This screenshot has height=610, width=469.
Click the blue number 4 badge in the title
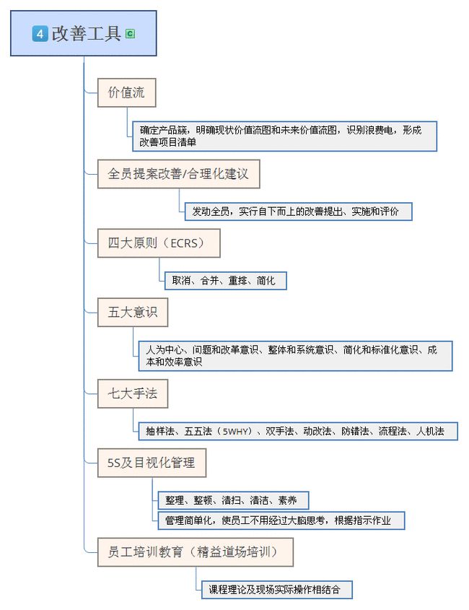point(40,33)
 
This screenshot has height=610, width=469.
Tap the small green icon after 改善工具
point(130,33)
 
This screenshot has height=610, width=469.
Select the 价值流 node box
point(126,92)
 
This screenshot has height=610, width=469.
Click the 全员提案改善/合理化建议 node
point(178,174)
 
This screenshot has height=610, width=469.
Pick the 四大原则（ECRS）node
point(159,243)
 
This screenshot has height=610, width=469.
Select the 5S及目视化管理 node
point(152,463)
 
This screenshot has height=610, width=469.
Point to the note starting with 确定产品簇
point(284,136)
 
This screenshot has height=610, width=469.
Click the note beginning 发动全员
point(298,212)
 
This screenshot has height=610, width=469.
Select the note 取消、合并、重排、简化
point(224,280)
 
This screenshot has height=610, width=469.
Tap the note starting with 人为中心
point(295,356)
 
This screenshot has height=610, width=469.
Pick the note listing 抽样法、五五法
point(295,432)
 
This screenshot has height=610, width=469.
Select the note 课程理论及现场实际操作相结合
point(276,590)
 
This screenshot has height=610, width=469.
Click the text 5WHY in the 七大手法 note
point(237,432)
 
